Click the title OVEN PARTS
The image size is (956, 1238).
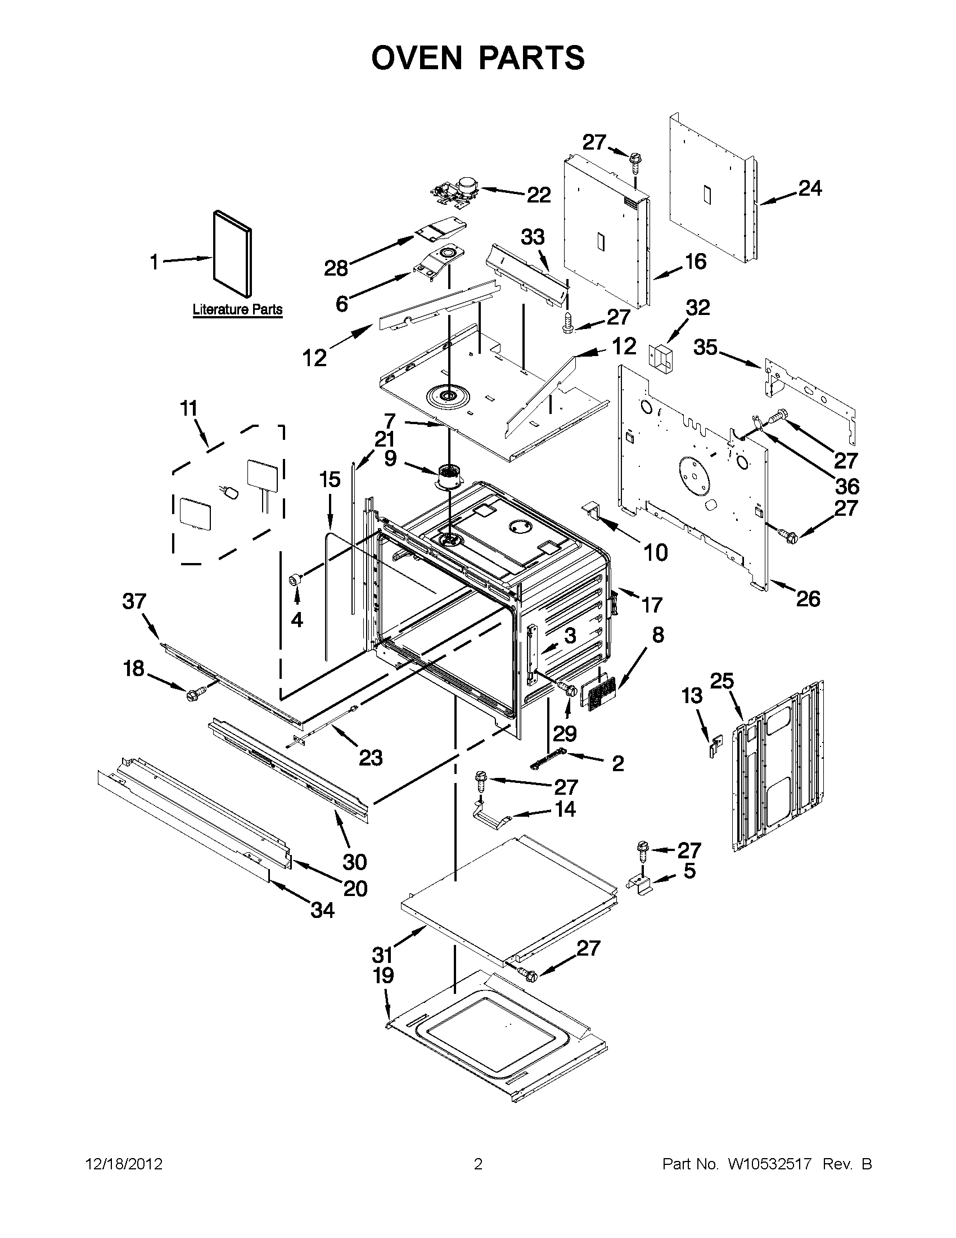click(477, 58)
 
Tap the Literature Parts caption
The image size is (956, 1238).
click(237, 309)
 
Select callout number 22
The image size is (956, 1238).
click(538, 195)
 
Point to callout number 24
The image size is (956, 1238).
click(810, 188)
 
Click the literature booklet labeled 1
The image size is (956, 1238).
click(232, 253)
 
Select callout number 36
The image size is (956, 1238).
click(847, 486)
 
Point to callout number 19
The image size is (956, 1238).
click(384, 975)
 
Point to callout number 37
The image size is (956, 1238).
click(134, 601)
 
